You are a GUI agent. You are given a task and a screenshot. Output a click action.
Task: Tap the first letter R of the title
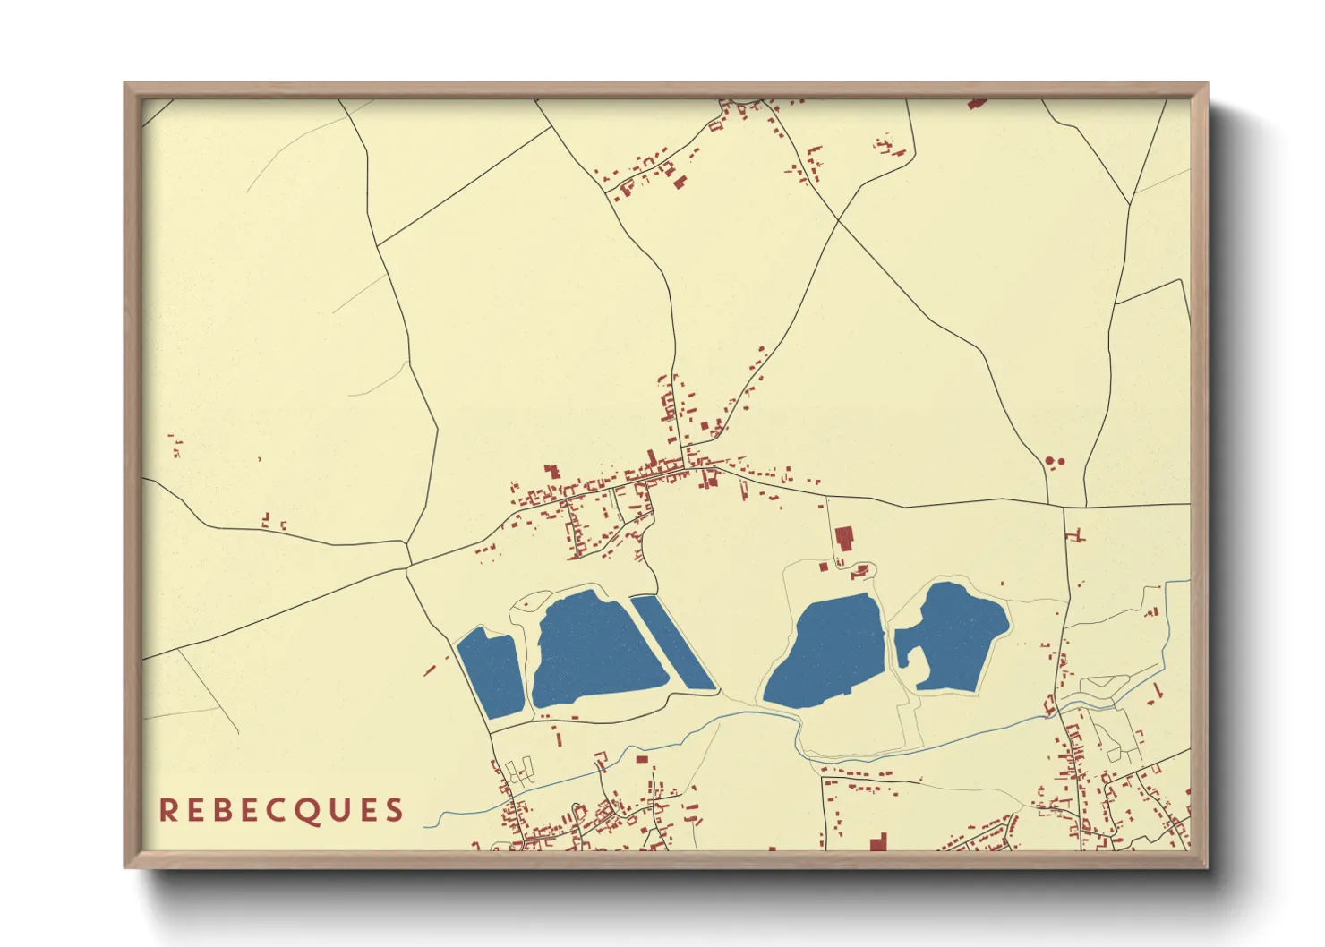point(167,810)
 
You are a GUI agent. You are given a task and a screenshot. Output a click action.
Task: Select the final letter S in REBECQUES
point(394,810)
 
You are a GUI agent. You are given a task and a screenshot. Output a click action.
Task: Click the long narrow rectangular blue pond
point(673,643)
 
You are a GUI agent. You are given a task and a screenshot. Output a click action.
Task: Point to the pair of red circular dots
point(1054,462)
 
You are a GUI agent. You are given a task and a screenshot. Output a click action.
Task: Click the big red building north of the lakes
point(842,539)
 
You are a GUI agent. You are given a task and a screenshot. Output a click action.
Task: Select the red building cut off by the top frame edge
point(977,103)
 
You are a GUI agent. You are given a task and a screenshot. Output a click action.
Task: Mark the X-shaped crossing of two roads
point(838,218)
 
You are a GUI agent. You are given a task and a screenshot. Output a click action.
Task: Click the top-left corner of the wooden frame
point(125,84)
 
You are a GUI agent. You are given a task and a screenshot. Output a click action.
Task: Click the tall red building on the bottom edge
point(878,842)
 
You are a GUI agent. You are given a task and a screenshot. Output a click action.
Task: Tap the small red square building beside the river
point(641,759)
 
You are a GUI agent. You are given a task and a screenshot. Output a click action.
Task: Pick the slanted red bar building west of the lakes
point(430,669)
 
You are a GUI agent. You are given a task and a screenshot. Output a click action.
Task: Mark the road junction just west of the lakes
point(407,566)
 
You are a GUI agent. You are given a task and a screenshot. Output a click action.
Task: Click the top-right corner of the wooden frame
point(1207,84)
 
